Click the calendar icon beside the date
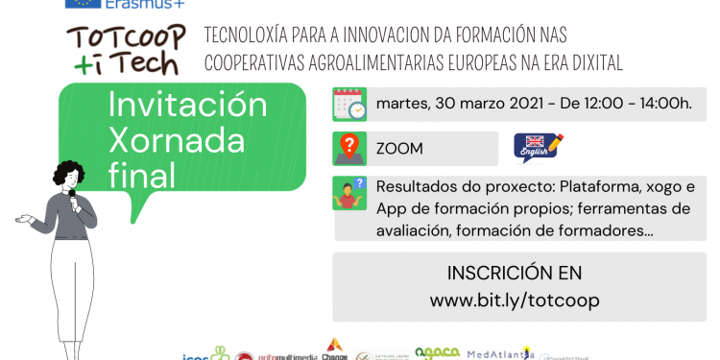click(x=350, y=104)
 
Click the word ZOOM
click(x=399, y=150)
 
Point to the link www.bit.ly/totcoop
click(x=515, y=300)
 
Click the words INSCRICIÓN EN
click(x=515, y=273)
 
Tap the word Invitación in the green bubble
click(x=188, y=104)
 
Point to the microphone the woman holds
click(x=72, y=195)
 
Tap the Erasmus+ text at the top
click(x=153, y=4)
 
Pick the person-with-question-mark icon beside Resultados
click(x=350, y=194)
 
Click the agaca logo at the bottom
click(x=437, y=353)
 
